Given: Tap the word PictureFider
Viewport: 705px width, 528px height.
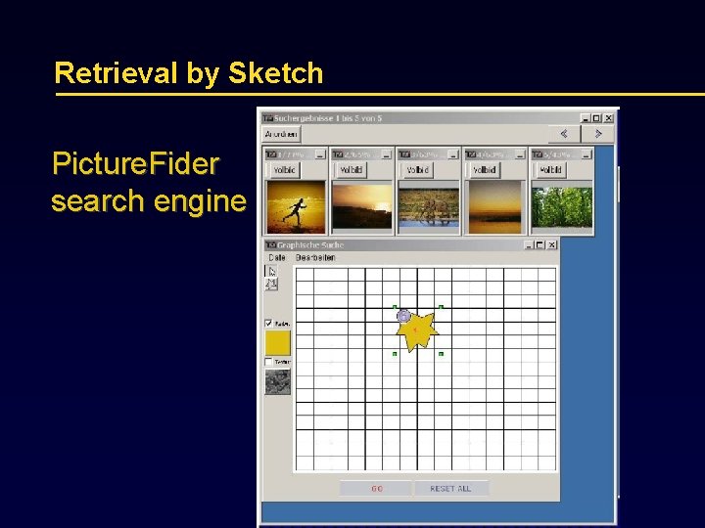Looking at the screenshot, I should click(135, 164).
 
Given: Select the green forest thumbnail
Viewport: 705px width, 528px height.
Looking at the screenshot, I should click(561, 205).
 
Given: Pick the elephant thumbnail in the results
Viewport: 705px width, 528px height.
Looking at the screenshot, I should click(427, 205).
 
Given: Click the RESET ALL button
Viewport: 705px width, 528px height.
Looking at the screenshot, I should click(450, 488).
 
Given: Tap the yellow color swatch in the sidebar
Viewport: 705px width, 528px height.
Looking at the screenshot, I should click(278, 342).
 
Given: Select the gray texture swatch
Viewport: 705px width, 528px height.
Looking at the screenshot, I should click(278, 381).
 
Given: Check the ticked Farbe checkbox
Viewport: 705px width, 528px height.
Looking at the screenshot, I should click(269, 323).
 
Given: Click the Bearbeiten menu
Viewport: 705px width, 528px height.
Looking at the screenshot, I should click(315, 258).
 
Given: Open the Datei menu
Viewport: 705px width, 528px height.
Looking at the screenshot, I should click(277, 258).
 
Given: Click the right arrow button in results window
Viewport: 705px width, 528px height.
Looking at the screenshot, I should click(597, 134).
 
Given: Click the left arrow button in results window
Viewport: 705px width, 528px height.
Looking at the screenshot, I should click(564, 134).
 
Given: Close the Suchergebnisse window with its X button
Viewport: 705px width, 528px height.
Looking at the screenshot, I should click(610, 118).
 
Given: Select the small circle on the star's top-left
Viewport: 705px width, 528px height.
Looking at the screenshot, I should click(403, 315).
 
